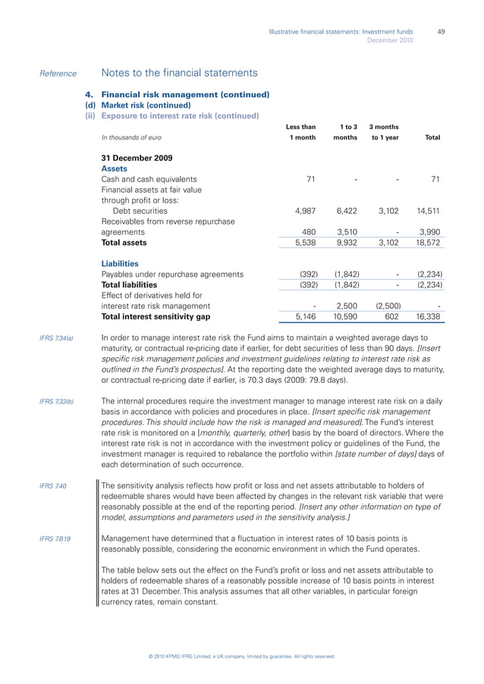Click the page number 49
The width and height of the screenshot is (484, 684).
(x=440, y=31)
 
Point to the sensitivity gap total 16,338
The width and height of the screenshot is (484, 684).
(x=429, y=317)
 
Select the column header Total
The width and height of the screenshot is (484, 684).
(x=433, y=137)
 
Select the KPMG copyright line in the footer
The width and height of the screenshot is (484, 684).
(x=241, y=656)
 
